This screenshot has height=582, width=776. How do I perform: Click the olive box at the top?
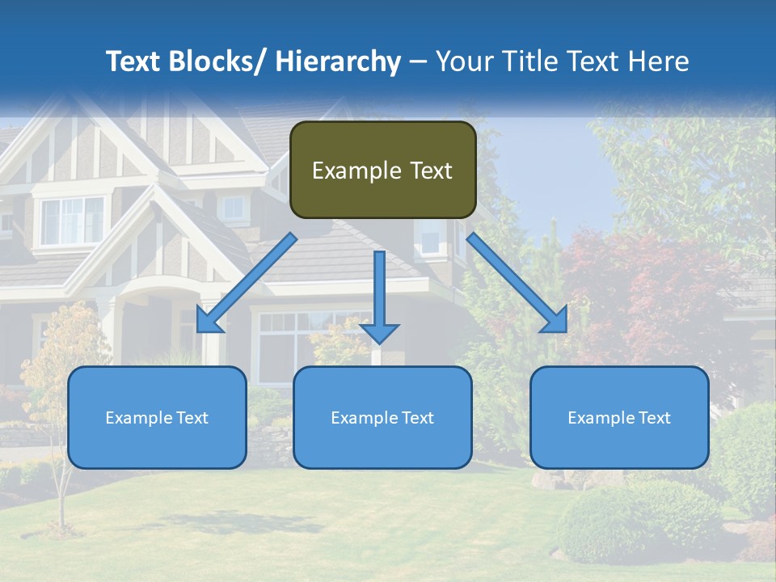tap(382, 170)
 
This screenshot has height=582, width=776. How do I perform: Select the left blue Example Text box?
tap(157, 417)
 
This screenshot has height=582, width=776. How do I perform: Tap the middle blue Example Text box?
tap(382, 417)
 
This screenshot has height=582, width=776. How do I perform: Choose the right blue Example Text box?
tap(619, 417)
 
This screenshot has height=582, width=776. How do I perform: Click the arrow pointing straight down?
tap(379, 295)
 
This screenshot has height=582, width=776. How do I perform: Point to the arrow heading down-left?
tap(247, 283)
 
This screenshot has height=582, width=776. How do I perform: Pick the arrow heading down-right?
tap(517, 283)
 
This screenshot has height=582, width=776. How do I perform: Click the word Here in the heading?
tap(659, 61)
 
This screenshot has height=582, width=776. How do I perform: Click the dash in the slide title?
tap(418, 61)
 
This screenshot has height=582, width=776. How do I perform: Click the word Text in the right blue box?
tap(653, 417)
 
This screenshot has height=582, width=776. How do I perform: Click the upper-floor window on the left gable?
tap(73, 221)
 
